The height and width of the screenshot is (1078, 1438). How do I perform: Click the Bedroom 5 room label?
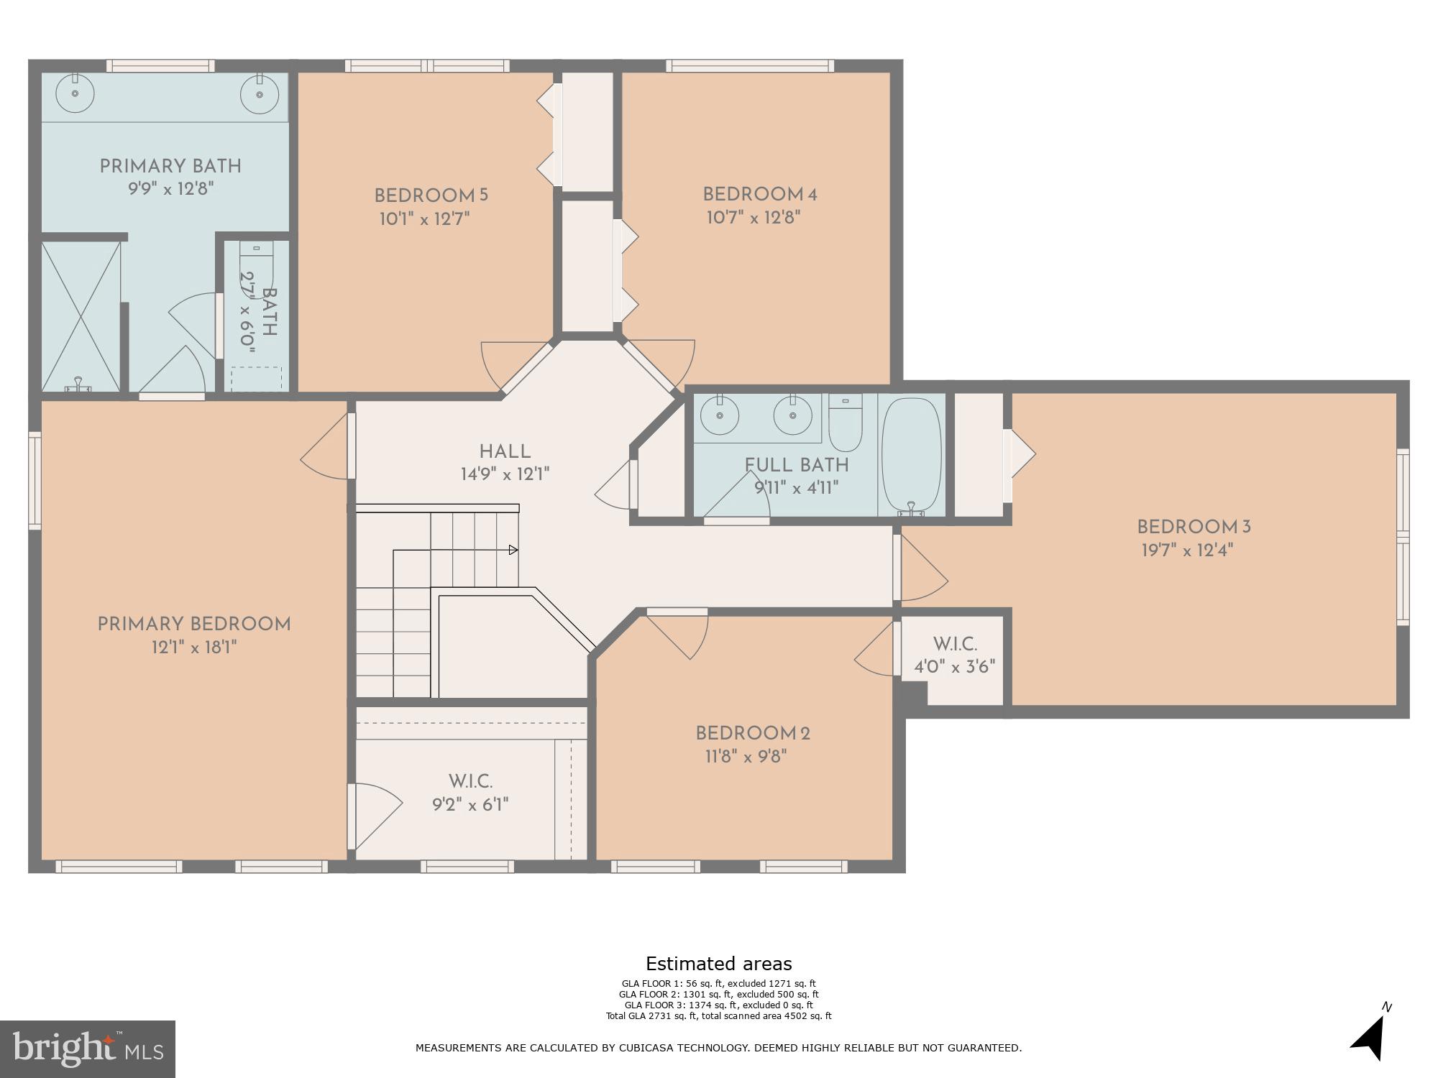click(x=431, y=195)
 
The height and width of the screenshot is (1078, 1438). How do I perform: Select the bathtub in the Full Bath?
click(x=912, y=455)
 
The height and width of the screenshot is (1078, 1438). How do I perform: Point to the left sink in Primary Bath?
click(x=75, y=93)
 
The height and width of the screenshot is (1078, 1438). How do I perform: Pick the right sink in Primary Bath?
click(x=259, y=93)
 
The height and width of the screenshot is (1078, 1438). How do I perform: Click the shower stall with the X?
click(x=81, y=316)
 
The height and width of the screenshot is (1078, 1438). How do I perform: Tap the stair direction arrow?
click(x=513, y=550)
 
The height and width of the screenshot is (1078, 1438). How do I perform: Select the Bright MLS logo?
click(x=87, y=1049)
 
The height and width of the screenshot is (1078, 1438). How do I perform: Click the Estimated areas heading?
click(x=718, y=964)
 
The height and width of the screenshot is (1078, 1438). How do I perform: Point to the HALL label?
click(x=505, y=452)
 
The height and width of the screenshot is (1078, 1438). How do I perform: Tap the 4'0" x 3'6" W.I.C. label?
click(x=954, y=667)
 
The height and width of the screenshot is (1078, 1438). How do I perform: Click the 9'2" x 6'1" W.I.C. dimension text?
click(x=470, y=804)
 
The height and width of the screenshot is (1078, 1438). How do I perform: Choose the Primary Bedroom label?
click(x=194, y=625)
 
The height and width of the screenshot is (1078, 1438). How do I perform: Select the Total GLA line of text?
click(x=718, y=1016)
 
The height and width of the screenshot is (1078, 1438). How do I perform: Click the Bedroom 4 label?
click(x=760, y=195)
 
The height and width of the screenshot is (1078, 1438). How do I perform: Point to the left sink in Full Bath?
click(x=719, y=417)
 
